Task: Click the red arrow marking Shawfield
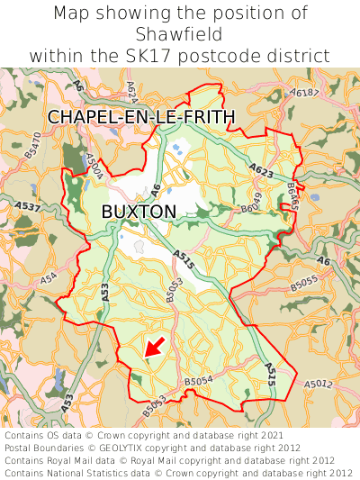(x=153, y=347)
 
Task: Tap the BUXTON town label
(x=139, y=211)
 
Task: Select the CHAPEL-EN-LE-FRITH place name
(x=141, y=117)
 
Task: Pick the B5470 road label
(x=32, y=146)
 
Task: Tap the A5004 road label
(x=93, y=166)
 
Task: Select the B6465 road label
(x=292, y=195)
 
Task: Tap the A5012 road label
(x=318, y=385)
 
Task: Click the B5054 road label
(x=200, y=382)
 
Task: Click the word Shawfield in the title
(x=180, y=33)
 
